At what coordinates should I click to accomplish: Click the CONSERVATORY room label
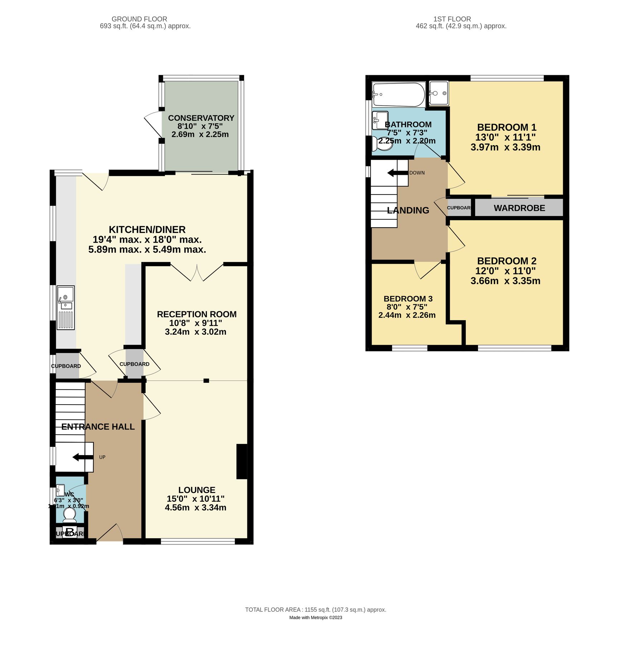[201, 118]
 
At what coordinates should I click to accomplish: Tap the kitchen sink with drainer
[66, 307]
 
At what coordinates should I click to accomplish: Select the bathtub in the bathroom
[398, 95]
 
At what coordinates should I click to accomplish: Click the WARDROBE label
[519, 208]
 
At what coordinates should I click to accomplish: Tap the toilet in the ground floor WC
[69, 515]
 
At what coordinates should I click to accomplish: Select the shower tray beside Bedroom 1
[439, 93]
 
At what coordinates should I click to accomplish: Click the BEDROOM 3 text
[408, 298]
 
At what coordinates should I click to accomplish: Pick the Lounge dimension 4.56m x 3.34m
[195, 507]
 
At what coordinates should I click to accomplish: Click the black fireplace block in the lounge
[242, 461]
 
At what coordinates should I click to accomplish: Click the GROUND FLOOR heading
[139, 19]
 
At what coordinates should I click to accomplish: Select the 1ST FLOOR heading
[452, 19]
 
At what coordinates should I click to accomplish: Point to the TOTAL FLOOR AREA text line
[315, 610]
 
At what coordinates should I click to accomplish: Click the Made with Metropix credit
[315, 617]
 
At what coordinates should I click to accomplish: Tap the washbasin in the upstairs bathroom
[380, 120]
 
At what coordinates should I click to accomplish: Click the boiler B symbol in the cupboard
[70, 532]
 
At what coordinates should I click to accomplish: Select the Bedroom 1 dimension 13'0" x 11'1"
[505, 137]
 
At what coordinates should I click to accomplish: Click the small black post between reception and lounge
[206, 381]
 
